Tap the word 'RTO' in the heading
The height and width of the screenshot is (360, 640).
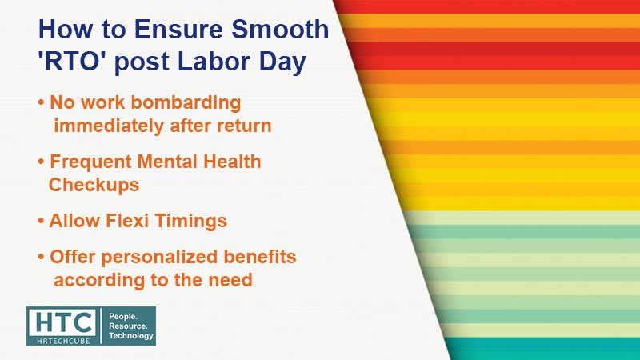coord(73,62)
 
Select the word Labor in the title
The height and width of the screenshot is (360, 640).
coord(214,62)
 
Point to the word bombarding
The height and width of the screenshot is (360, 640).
coord(186,102)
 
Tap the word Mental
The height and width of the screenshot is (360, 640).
coord(168,162)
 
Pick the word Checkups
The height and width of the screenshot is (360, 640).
coord(94,185)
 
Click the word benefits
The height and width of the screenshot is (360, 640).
coord(259,257)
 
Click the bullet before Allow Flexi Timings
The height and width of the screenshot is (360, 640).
coord(41,222)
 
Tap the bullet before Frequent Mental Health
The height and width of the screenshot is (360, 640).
coord(41,162)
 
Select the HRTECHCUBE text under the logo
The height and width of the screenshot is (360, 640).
coord(63,341)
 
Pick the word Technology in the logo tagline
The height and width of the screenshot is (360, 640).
coord(131,335)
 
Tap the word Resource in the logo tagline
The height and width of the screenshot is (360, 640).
coord(128,326)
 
